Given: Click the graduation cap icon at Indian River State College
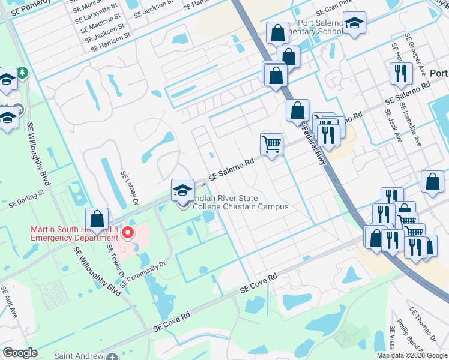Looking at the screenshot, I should [x=182, y=191].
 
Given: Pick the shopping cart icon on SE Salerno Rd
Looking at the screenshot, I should [x=271, y=144].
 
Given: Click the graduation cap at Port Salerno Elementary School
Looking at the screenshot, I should [x=355, y=23].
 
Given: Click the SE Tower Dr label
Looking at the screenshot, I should [x=115, y=262].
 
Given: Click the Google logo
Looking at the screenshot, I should [x=20, y=353].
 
